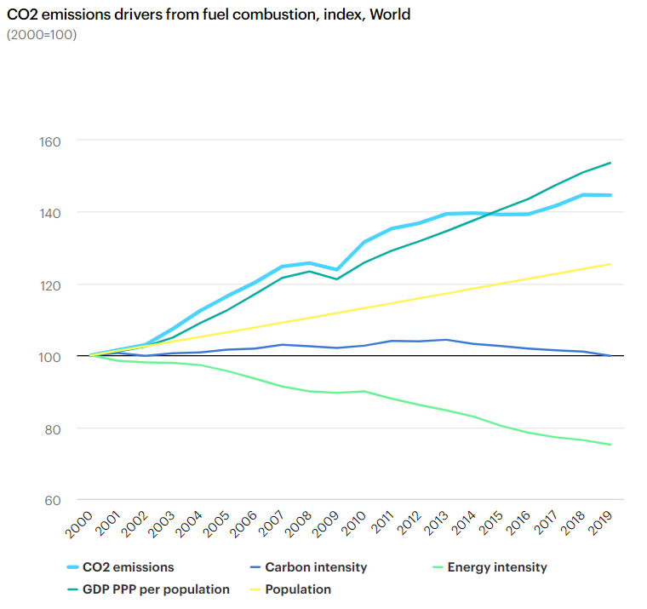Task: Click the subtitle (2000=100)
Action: pyautogui.click(x=42, y=35)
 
